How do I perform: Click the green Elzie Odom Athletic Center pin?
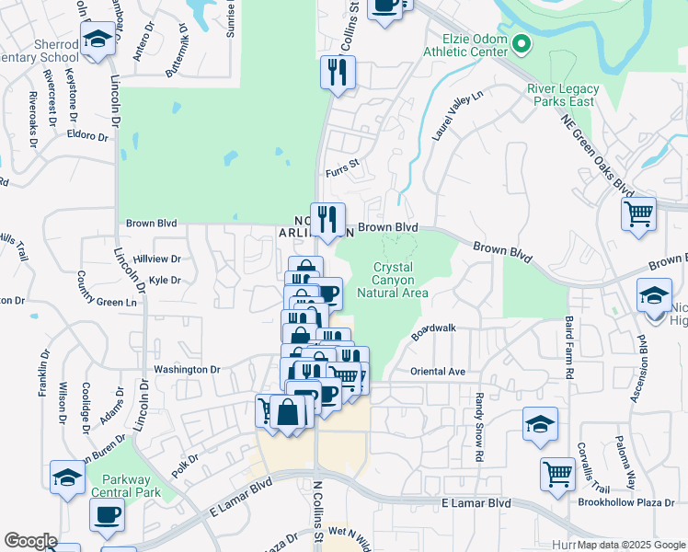tap(522, 43)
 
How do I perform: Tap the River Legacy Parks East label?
tap(563, 95)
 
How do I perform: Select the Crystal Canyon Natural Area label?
tap(400, 280)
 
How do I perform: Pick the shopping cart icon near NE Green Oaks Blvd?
tap(637, 214)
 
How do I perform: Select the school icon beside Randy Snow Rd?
tap(540, 424)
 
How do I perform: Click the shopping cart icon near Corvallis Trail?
tap(557, 474)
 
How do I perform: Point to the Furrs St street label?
tap(341, 172)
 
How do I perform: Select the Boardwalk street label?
tap(433, 332)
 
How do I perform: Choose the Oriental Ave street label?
tap(438, 372)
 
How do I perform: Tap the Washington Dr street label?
tap(187, 369)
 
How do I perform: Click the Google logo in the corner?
tap(30, 541)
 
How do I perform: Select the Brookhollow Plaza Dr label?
tap(626, 502)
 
